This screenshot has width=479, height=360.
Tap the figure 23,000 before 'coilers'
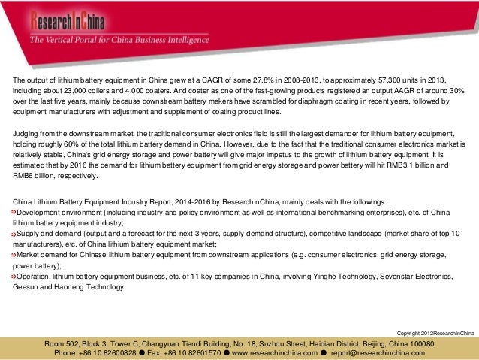tap(74, 89)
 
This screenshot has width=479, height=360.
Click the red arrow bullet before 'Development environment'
tap(16, 213)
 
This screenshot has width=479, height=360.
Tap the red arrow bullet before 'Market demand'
tap(16, 255)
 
